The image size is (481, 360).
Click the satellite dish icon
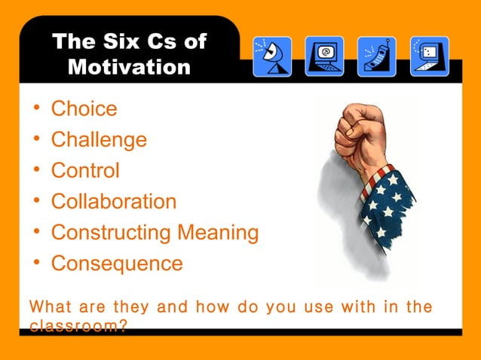tap(271, 56)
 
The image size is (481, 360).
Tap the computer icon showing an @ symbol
tap(324, 56)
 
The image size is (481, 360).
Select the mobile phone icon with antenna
tap(376, 56)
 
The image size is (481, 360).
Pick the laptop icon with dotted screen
tap(429, 56)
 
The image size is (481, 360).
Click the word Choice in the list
tap(84, 109)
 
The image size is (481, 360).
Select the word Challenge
tap(99, 140)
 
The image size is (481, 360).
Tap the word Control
tap(85, 170)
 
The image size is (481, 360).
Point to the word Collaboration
tap(114, 202)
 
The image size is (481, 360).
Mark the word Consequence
tap(117, 264)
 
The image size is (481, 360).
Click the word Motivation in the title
tap(129, 66)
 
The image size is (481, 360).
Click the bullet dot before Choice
tap(36, 108)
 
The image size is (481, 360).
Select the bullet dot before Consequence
tap(36, 263)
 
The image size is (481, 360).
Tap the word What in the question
tap(51, 307)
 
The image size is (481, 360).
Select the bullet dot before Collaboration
tap(36, 201)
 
